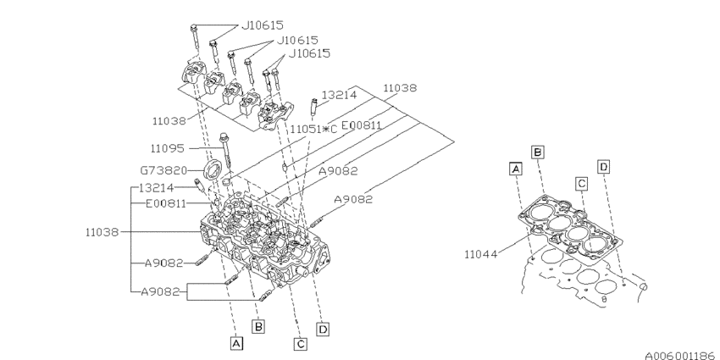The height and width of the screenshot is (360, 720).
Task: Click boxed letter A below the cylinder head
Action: click(x=236, y=343)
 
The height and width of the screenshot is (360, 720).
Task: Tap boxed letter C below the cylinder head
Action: click(x=300, y=343)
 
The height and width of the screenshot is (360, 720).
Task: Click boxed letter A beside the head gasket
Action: click(x=514, y=169)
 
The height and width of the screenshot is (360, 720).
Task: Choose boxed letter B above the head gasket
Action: click(x=537, y=152)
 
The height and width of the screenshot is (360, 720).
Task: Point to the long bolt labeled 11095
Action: click(x=224, y=152)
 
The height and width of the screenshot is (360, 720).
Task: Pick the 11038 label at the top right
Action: click(x=398, y=88)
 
